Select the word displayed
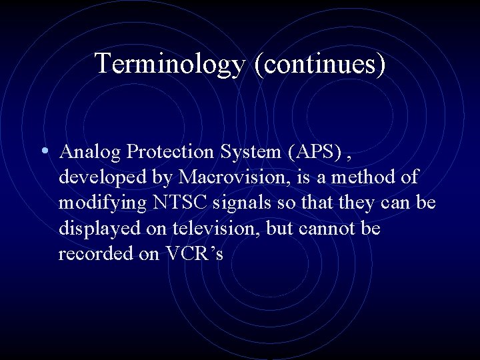98,229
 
